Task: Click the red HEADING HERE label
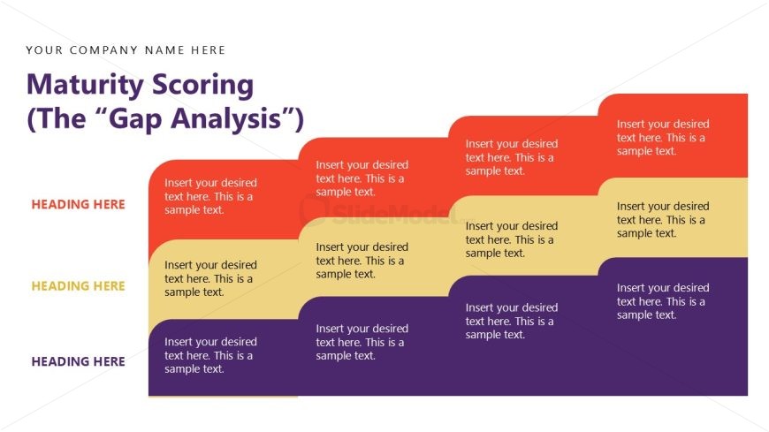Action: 78,204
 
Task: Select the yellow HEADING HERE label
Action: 78,286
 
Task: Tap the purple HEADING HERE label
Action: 78,361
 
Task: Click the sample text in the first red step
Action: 211,196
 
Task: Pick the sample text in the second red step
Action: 362,178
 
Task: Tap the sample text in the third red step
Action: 512,157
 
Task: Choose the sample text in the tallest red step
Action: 663,138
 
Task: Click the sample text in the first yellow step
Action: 211,278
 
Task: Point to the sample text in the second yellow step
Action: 362,261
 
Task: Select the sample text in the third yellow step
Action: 512,239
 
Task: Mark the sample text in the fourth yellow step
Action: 663,220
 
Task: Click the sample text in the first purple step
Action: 211,355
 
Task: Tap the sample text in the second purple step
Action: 362,342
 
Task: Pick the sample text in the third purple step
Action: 512,322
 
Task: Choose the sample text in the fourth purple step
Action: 663,301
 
